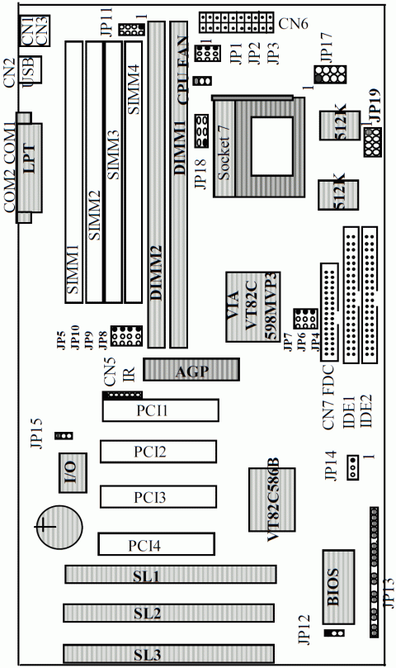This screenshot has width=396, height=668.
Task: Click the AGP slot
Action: click(191, 369)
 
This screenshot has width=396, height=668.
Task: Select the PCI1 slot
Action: click(161, 410)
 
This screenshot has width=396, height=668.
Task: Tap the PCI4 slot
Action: click(156, 544)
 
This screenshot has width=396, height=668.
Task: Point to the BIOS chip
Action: click(338, 587)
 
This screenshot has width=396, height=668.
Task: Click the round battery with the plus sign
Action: click(59, 527)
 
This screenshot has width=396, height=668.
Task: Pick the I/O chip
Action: click(73, 473)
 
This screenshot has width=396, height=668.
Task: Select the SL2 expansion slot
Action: click(168, 613)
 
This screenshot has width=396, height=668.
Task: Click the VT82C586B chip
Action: click(272, 500)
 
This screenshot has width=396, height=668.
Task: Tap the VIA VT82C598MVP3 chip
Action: click(253, 306)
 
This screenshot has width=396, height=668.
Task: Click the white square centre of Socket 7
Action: click(272, 146)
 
